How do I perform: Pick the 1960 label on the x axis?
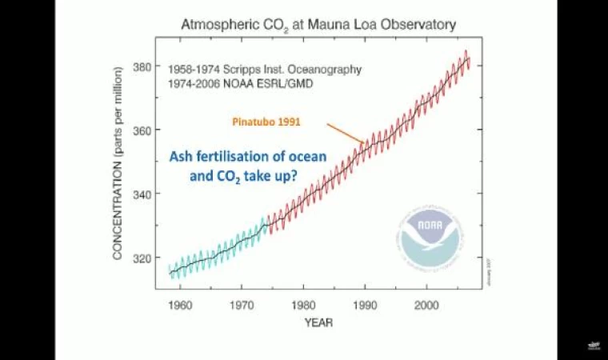tap(179, 304)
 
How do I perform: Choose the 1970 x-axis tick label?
tap(241, 304)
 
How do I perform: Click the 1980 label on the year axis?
tap(303, 304)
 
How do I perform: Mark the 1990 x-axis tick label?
tap(365, 304)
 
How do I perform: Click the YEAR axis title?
tap(318, 323)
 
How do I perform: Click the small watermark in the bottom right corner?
tap(593, 345)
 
